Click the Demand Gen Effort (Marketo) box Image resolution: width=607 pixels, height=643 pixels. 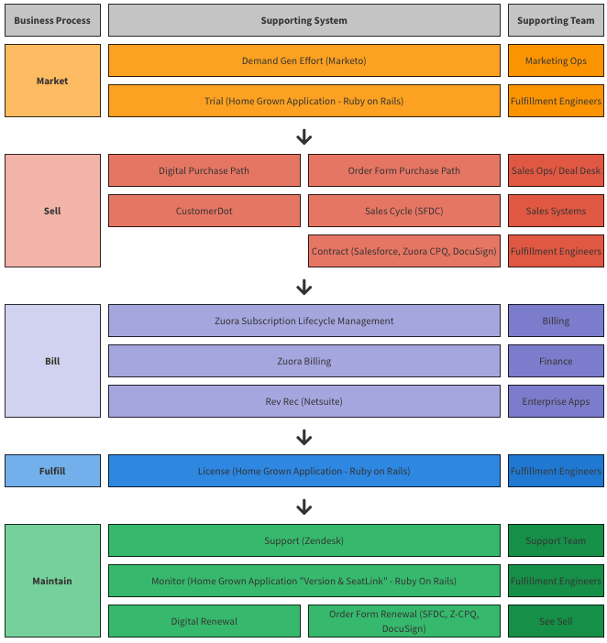[303, 61]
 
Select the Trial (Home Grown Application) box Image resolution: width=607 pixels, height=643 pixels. [303, 102]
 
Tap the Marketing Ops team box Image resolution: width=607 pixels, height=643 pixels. [556, 61]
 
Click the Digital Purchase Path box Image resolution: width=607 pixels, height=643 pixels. [204, 170]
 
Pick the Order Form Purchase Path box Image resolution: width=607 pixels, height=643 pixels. [403, 170]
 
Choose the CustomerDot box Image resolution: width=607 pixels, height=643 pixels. [204, 211]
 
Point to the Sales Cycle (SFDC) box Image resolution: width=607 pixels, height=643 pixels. [403, 211]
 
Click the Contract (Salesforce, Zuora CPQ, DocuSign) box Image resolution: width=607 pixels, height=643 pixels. [403, 251]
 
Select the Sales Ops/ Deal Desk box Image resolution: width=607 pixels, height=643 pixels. [556, 170]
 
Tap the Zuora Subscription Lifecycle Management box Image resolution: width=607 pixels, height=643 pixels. [303, 321]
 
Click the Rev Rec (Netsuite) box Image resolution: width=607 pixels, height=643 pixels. [303, 401]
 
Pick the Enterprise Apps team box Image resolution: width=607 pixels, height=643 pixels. [556, 401]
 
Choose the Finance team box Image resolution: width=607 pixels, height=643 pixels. [556, 361]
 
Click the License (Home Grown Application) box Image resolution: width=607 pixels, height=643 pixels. [303, 471]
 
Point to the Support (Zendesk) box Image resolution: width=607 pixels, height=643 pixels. [303, 540]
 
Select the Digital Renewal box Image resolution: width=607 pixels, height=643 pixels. [204, 621]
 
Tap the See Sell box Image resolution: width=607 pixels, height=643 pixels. [556, 621]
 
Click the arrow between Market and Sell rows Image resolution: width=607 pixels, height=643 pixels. [304, 136]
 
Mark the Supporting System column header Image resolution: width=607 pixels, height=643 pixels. [303, 20]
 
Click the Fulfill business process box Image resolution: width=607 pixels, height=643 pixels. [52, 471]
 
